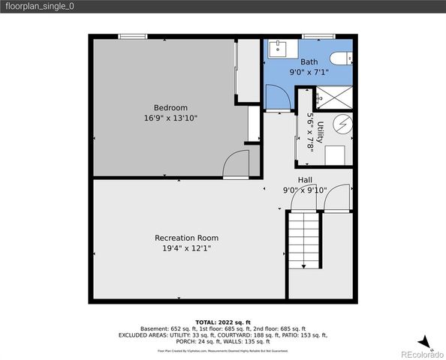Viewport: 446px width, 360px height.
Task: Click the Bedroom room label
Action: pos(170,107)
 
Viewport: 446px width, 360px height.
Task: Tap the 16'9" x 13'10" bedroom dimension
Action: pos(170,118)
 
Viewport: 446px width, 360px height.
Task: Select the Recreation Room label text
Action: pos(186,238)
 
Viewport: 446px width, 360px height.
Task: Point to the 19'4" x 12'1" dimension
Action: pos(186,248)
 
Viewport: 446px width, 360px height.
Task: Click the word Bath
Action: pos(309,62)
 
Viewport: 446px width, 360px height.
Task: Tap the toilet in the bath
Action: pos(340,58)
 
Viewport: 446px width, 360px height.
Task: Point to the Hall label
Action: pos(305,180)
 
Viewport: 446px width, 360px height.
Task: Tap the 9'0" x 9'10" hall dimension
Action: pos(305,190)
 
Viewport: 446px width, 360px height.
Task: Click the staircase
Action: pos(306,240)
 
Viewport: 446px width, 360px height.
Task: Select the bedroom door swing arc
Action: pos(238,164)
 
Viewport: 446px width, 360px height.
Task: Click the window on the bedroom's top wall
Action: pos(132,35)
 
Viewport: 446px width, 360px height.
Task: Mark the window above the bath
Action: pos(314,35)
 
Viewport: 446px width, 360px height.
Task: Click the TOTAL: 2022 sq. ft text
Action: pos(222,320)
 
